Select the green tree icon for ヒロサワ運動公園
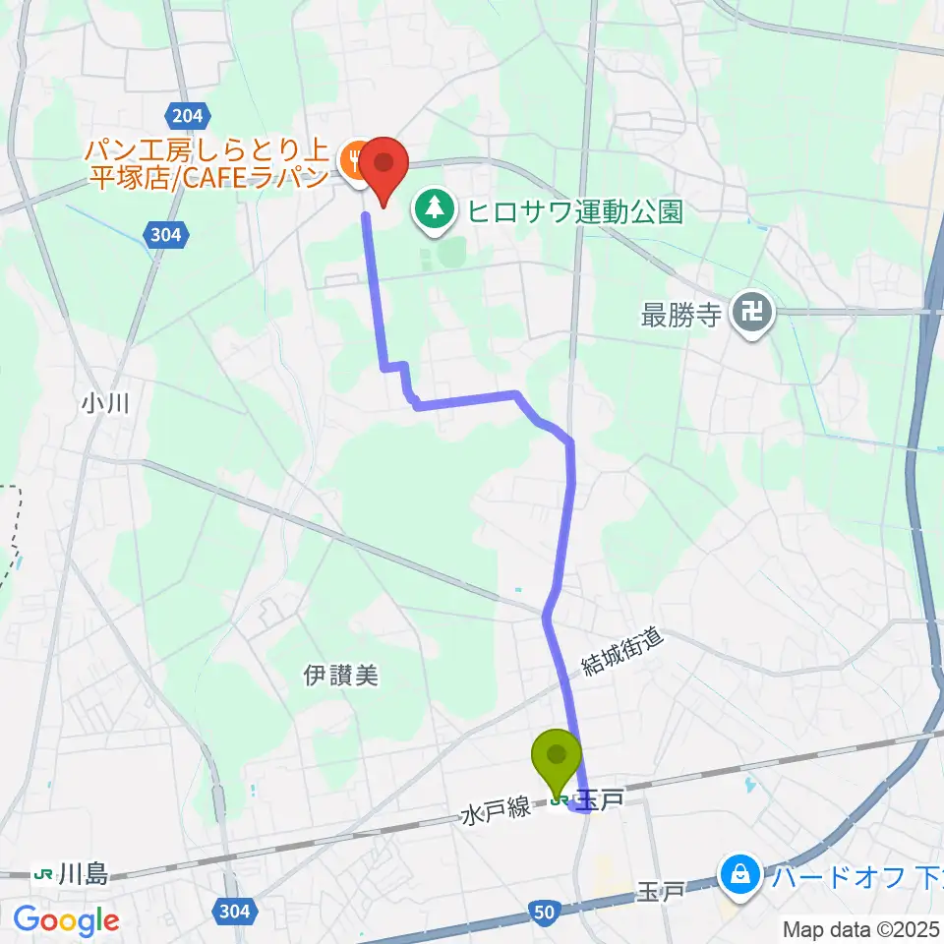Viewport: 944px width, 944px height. point(434,207)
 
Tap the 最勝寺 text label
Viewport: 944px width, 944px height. point(681,316)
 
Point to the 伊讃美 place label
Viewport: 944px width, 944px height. point(340,676)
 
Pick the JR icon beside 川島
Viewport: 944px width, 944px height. point(43,873)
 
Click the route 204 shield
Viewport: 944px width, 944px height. point(187,117)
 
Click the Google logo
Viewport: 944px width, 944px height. point(66,921)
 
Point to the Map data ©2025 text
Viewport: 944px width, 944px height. point(861,928)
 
